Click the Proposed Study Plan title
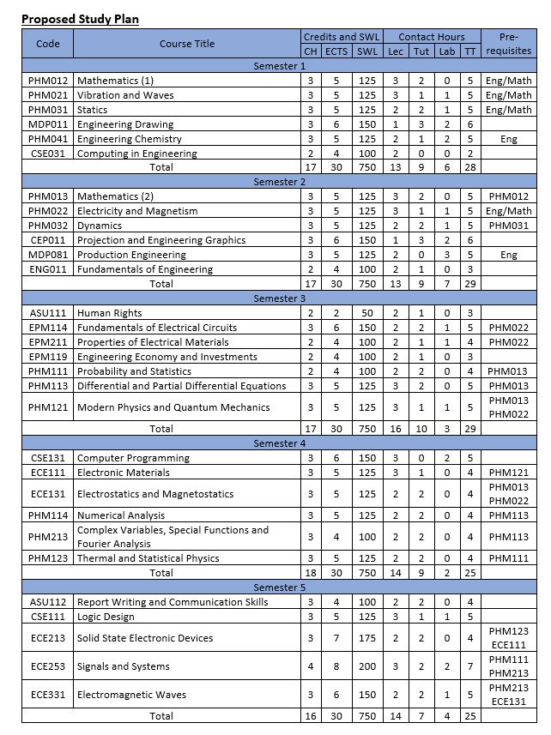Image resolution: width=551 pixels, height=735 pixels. (x=80, y=19)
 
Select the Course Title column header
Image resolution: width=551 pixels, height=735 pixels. (x=186, y=44)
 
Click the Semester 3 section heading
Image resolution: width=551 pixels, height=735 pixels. (x=279, y=298)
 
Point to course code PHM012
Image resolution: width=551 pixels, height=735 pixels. (x=49, y=81)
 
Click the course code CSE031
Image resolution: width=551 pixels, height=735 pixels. (x=49, y=154)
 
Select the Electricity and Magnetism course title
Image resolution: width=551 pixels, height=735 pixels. (x=137, y=211)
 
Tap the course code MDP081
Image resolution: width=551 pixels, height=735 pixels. (x=49, y=255)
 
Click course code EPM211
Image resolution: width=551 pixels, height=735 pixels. (x=49, y=342)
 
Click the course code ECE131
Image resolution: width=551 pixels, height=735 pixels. (x=49, y=494)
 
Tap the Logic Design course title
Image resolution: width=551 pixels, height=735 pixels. (x=107, y=616)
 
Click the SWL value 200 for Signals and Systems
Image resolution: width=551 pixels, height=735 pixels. (x=367, y=666)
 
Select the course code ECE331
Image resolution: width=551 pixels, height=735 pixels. (x=49, y=695)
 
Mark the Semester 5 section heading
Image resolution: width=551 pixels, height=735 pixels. (x=279, y=587)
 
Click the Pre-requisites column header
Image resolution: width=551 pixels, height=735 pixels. (x=509, y=44)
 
